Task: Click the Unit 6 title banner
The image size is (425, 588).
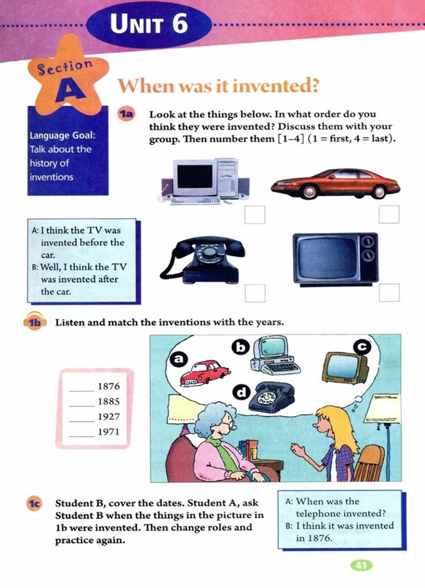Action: pyautogui.click(x=149, y=25)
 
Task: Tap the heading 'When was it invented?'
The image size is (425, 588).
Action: pyautogui.click(x=217, y=87)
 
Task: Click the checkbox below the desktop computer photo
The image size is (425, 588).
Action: pyautogui.click(x=255, y=215)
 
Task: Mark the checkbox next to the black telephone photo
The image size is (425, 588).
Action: pyautogui.click(x=255, y=293)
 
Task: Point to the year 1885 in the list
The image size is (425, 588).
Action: pyautogui.click(x=108, y=402)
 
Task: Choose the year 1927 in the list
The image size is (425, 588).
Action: pyautogui.click(x=108, y=418)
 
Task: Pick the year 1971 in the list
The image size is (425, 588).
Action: pyautogui.click(x=108, y=434)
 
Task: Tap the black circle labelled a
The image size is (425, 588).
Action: pyautogui.click(x=179, y=359)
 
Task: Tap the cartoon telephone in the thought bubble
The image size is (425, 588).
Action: pyautogui.click(x=271, y=398)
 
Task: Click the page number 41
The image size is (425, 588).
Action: pyautogui.click(x=361, y=565)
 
